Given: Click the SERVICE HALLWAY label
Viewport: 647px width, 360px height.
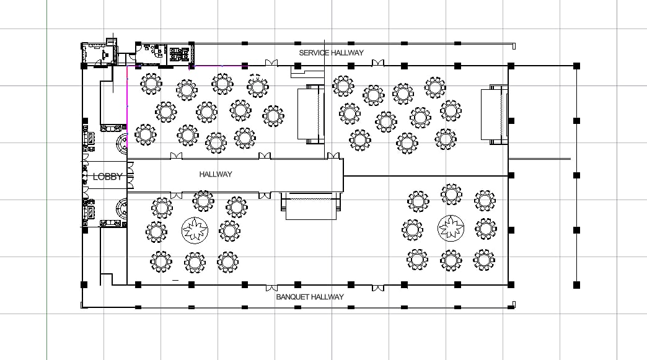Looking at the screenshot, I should (x=331, y=53).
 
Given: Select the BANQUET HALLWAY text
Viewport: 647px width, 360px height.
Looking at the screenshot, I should (x=309, y=297).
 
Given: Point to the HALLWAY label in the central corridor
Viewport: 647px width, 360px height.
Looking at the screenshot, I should (x=215, y=174).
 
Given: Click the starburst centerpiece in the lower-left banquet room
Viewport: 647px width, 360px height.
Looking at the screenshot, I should (x=194, y=230).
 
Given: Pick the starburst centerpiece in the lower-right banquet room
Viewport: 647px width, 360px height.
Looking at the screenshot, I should (x=451, y=228).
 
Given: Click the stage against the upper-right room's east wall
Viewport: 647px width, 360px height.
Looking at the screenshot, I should (x=495, y=115).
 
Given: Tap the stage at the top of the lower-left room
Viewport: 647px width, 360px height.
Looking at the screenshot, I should (x=310, y=206).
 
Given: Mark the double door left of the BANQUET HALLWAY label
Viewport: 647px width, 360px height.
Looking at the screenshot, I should (x=271, y=288).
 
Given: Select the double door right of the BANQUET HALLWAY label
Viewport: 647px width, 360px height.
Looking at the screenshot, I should (x=377, y=288).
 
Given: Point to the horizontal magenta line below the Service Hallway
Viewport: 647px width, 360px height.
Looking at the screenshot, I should (x=217, y=66).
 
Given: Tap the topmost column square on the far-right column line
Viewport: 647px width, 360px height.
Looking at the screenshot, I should (x=576, y=65).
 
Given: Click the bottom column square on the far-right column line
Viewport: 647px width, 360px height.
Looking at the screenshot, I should (x=576, y=284).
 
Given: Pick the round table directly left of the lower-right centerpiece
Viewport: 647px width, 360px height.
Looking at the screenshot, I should (x=413, y=230).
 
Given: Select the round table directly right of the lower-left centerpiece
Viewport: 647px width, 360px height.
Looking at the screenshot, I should (x=229, y=231).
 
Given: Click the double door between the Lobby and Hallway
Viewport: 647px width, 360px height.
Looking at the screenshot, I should (x=130, y=176).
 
